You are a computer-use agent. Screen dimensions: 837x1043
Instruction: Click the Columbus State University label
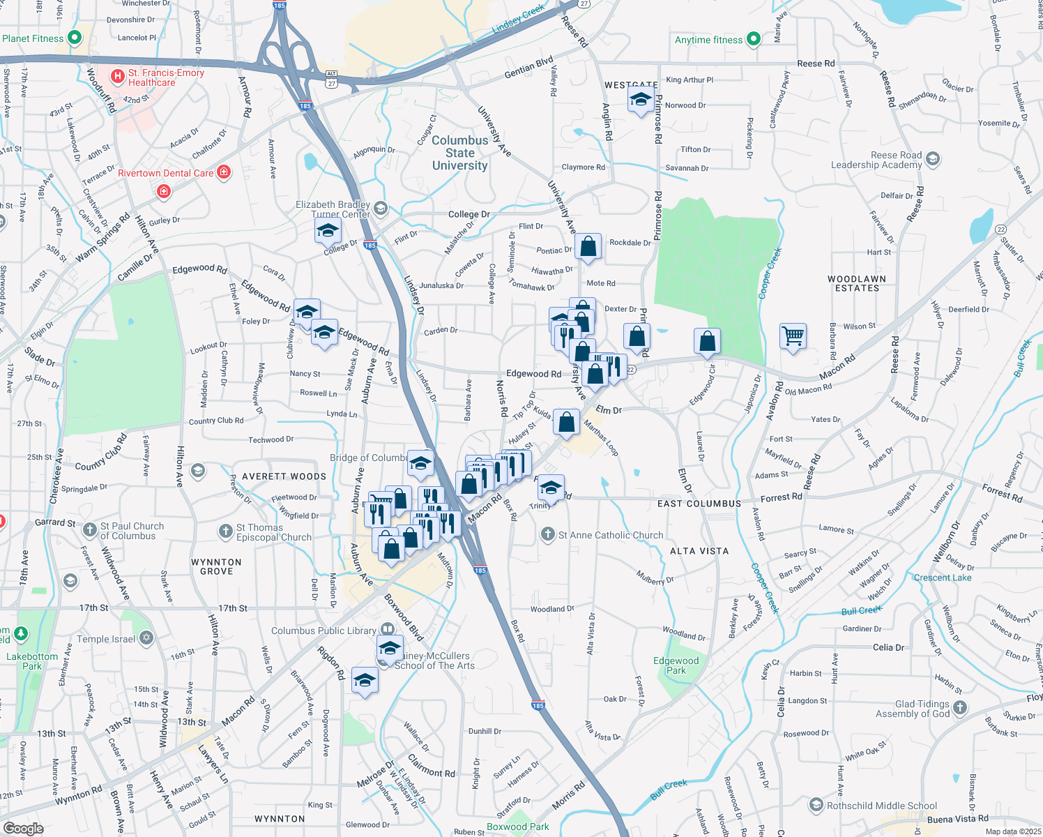pyautogui.click(x=459, y=153)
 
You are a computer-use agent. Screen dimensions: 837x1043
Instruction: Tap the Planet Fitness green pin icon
pyautogui.click(x=75, y=38)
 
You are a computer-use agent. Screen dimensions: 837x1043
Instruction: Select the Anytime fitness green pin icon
pyautogui.click(x=754, y=40)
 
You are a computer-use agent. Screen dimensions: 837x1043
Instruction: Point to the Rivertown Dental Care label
pyautogui.click(x=165, y=173)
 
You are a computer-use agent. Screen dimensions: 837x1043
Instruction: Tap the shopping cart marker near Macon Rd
pyautogui.click(x=793, y=336)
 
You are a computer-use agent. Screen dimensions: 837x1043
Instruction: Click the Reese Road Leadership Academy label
pyautogui.click(x=876, y=160)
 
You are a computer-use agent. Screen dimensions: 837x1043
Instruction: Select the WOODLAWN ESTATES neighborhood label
pyautogui.click(x=857, y=284)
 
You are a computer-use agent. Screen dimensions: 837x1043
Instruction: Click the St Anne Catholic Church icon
pyautogui.click(x=548, y=535)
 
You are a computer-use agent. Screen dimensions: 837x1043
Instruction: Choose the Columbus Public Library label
pyautogui.click(x=323, y=631)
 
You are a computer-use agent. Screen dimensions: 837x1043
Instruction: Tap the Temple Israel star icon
pyautogui.click(x=146, y=638)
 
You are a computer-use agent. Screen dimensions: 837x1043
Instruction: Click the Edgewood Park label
pyautogui.click(x=676, y=665)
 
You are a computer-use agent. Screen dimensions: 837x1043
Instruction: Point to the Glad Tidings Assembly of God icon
pyautogui.click(x=960, y=708)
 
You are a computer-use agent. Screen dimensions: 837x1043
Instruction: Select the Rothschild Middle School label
pyautogui.click(x=882, y=806)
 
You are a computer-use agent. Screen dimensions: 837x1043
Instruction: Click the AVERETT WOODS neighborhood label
pyautogui.click(x=284, y=476)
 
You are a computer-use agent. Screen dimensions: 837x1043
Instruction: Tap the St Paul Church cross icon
pyautogui.click(x=90, y=530)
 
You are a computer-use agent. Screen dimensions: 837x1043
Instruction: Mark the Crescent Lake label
pyautogui.click(x=943, y=578)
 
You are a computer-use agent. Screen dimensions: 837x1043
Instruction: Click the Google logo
pyautogui.click(x=23, y=829)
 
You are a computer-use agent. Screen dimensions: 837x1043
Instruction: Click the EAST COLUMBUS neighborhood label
pyautogui.click(x=699, y=504)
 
